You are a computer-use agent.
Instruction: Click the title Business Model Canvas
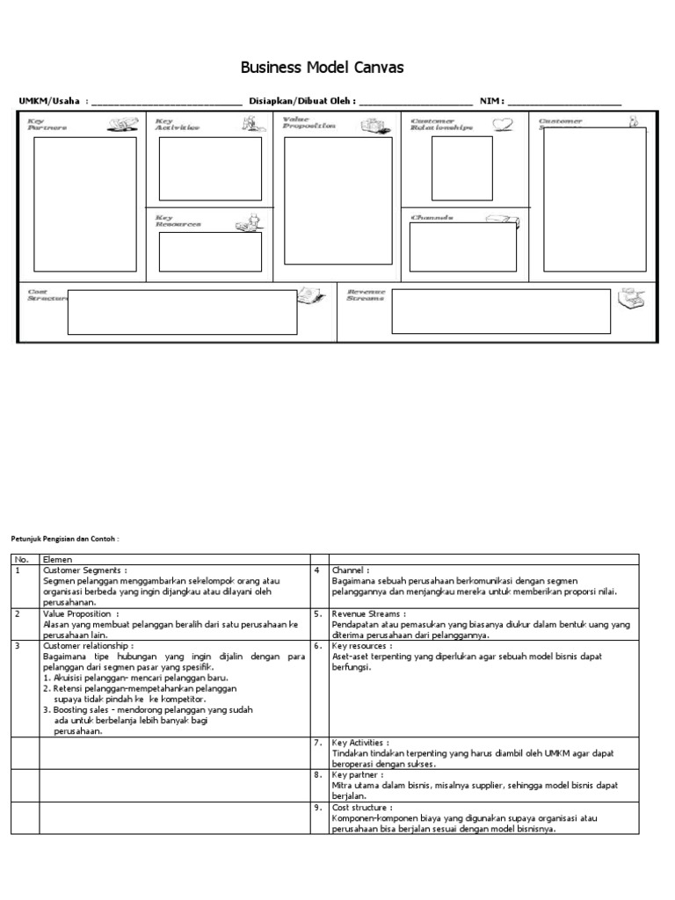[323, 69]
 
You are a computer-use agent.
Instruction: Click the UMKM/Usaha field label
[52, 101]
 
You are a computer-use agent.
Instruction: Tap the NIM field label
[490, 101]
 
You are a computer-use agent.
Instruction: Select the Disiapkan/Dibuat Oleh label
[302, 101]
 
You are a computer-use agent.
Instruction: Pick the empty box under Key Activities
[209, 169]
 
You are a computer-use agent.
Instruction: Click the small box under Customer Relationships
[461, 169]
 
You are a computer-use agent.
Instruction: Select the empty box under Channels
[462, 247]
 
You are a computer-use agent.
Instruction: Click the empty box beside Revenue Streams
[500, 312]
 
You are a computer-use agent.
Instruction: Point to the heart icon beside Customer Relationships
[502, 125]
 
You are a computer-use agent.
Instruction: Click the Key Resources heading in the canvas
[178, 221]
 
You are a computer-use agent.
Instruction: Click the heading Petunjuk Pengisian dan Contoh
[63, 538]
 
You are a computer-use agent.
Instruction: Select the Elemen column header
[58, 559]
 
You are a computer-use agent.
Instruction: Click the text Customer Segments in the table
[88, 570]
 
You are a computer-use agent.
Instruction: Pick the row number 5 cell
[319, 613]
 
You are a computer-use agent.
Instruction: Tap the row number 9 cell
[319, 807]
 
